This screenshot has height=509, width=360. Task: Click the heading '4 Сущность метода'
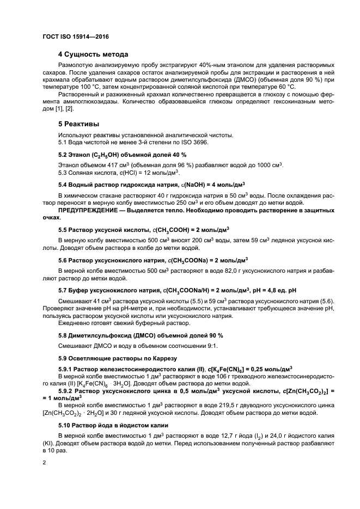pyautogui.click(x=93, y=54)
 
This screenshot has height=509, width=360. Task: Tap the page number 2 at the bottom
pyautogui.click(x=45, y=462)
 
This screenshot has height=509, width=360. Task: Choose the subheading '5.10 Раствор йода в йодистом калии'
pyautogui.click(x=117, y=425)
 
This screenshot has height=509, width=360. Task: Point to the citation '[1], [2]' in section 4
pyautogui.click(x=65, y=109)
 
